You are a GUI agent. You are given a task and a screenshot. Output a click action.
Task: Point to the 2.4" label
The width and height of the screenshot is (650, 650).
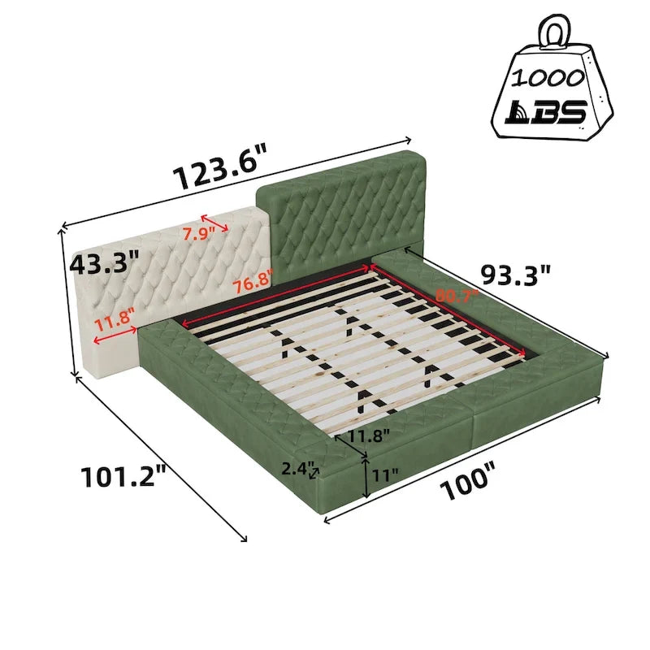pos(297,469)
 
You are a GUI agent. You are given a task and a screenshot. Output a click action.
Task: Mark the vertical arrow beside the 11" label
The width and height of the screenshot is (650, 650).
pos(368,476)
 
